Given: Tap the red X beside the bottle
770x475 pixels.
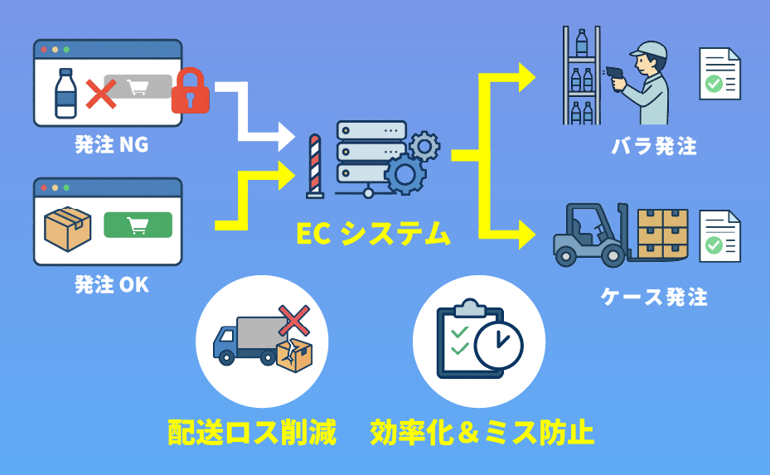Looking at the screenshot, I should [101, 94].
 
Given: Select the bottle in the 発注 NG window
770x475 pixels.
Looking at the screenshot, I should [65, 92].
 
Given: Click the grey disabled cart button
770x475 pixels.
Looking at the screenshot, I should [138, 87].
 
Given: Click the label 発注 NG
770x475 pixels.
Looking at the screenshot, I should [111, 145].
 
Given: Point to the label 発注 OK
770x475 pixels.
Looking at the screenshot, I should [111, 285].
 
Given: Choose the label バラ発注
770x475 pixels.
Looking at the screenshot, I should [654, 148].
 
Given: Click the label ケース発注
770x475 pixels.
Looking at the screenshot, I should [654, 297].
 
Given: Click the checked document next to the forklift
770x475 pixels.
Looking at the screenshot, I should [719, 235].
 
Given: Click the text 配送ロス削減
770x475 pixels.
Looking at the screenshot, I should [252, 432].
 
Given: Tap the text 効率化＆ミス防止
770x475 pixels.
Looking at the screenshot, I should [482, 432].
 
